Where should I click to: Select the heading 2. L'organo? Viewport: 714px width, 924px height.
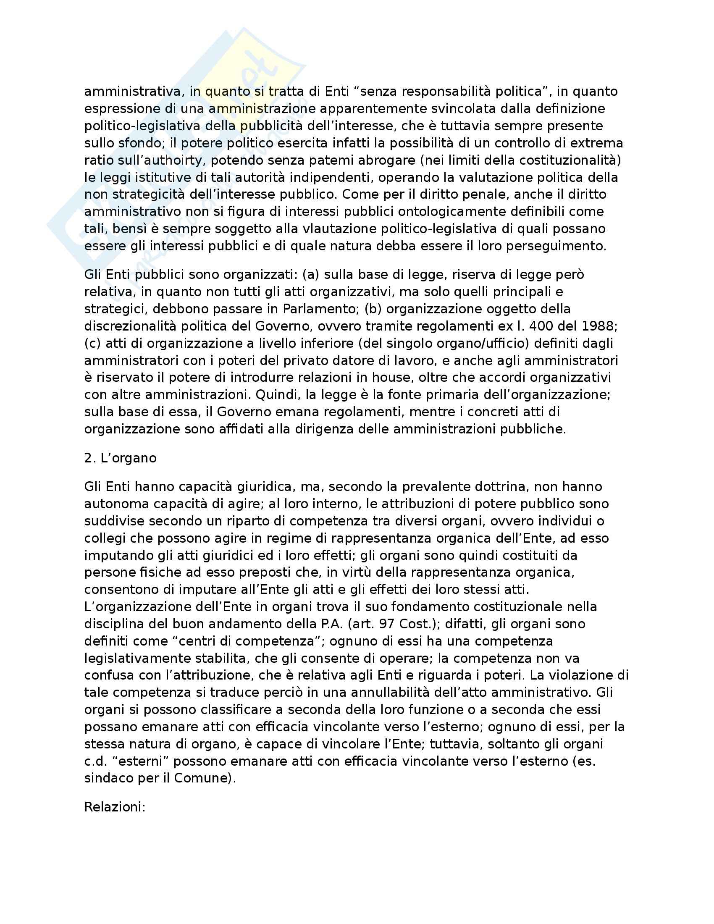tap(120, 458)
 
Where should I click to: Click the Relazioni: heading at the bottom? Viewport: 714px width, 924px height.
tap(115, 807)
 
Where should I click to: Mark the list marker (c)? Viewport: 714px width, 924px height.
tap(93, 343)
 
